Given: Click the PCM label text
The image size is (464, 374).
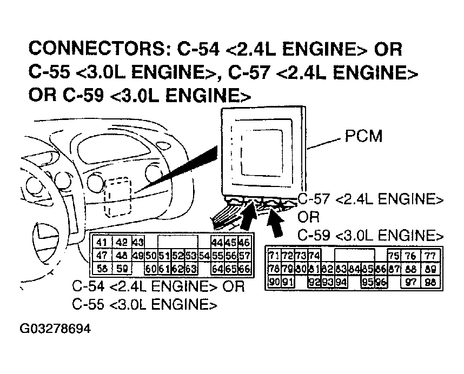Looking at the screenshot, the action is click(x=363, y=136).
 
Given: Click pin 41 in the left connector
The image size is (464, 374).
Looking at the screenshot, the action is click(x=101, y=243).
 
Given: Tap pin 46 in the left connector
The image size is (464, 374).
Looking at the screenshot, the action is click(x=244, y=243).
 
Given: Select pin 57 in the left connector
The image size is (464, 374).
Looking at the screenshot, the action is click(x=244, y=255).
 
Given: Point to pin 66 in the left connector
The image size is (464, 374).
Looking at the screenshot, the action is click(x=244, y=268).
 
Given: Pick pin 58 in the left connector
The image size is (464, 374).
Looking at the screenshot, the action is click(x=101, y=268).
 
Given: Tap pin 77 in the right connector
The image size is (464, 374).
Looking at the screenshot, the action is click(x=430, y=256).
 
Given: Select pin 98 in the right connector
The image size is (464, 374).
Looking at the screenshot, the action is click(x=430, y=282).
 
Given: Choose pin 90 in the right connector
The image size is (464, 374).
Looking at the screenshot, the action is click(x=274, y=282).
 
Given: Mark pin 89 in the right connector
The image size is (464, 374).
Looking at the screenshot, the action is click(x=430, y=269).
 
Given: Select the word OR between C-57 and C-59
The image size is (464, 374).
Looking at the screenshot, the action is click(x=309, y=217).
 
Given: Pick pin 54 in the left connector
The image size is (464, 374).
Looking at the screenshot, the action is click(x=204, y=255).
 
